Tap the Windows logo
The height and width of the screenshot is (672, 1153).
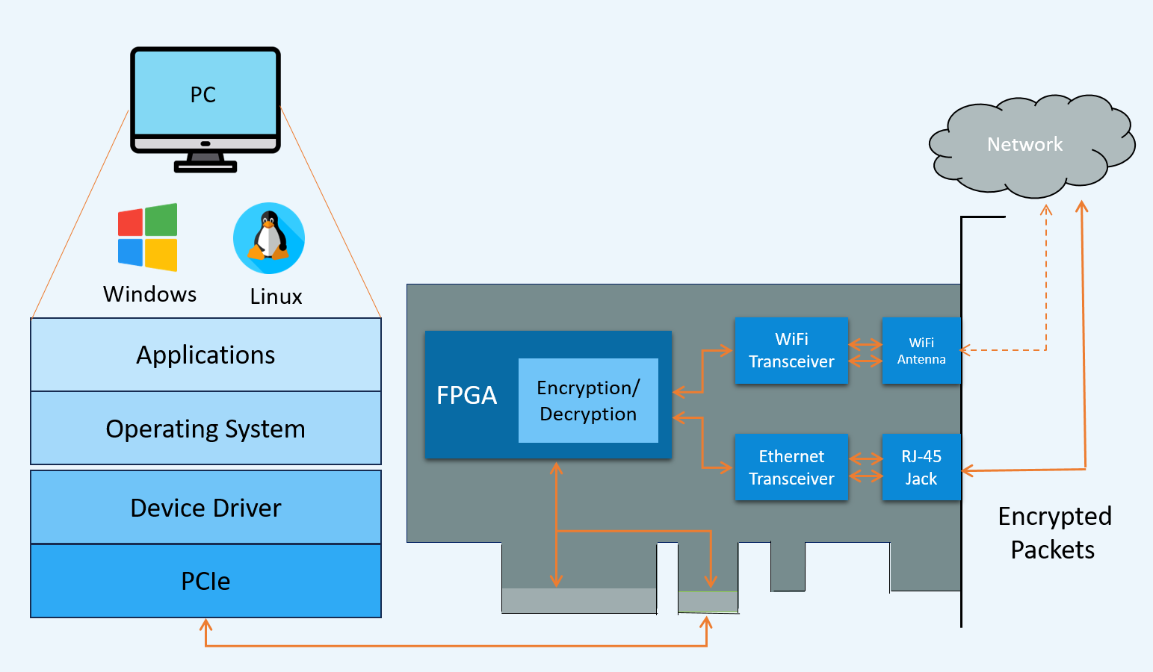148,237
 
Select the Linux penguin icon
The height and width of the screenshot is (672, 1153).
269,238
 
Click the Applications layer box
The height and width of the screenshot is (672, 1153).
205,355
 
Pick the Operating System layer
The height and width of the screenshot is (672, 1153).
205,429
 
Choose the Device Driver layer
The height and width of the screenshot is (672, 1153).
205,508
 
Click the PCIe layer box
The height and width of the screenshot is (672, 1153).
205,581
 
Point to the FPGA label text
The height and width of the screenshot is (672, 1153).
466,395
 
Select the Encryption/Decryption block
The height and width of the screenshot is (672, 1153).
588,401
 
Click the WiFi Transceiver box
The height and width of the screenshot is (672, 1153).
791,350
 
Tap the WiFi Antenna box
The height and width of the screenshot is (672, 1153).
921,350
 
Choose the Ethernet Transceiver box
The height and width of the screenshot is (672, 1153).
791,467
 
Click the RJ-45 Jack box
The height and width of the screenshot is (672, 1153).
921,467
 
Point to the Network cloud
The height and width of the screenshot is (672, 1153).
1025,145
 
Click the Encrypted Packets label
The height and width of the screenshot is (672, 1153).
1054,532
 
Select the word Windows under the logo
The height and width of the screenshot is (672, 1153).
149,294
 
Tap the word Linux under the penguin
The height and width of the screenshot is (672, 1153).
276,296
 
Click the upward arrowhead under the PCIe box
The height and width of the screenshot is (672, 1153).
206,623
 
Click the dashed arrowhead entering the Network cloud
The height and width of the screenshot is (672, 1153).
1046,210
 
